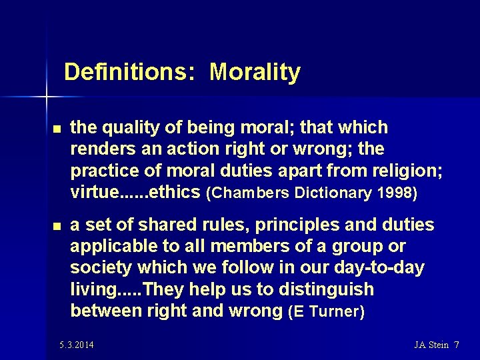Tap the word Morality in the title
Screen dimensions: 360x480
tap(255, 72)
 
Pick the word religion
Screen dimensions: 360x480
tap(403, 171)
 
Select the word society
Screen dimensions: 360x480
tap(101, 268)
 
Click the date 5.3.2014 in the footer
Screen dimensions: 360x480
tap(76, 345)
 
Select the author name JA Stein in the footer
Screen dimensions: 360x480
tap(431, 345)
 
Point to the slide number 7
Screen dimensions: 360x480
tap(456, 345)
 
